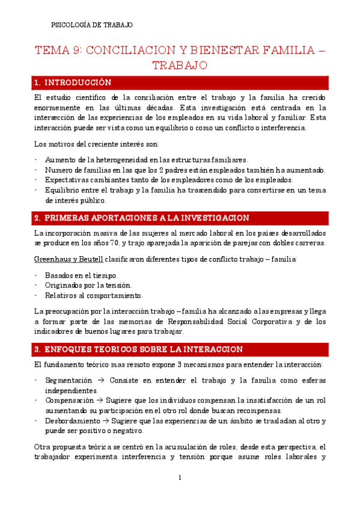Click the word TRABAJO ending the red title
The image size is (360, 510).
coord(180,64)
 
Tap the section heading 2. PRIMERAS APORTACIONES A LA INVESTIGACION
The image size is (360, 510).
coord(142,218)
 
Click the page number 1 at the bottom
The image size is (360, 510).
coord(180,478)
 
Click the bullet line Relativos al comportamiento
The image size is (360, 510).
coord(94,295)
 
